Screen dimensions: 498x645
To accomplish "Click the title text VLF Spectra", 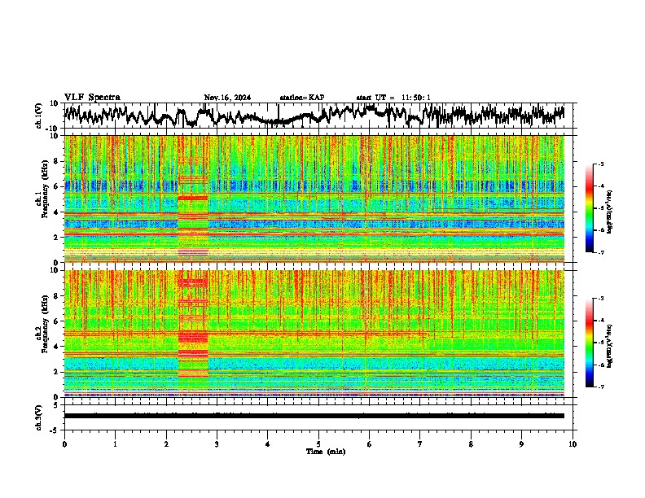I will click(92, 98).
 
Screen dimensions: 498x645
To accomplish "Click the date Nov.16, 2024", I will click(227, 98).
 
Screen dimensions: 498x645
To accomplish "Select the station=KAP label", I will click(301, 98).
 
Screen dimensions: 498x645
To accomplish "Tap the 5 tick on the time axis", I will click(318, 443).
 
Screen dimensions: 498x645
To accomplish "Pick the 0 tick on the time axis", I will click(64, 443).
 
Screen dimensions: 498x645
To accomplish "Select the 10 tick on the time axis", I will click(573, 443).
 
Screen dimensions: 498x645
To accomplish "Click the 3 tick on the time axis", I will click(217, 443).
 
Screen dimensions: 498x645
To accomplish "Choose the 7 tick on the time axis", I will click(420, 443).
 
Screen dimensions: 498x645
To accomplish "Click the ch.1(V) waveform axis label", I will click(39, 116).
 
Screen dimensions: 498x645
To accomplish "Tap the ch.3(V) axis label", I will click(39, 416).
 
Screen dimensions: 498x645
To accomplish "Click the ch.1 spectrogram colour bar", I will click(595, 208).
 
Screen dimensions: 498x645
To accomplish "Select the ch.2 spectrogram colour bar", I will click(595, 343).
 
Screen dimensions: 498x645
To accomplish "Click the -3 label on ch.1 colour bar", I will click(600, 164).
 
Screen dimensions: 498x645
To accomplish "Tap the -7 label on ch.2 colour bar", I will click(600, 387).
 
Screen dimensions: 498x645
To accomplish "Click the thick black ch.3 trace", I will click(314, 416).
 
